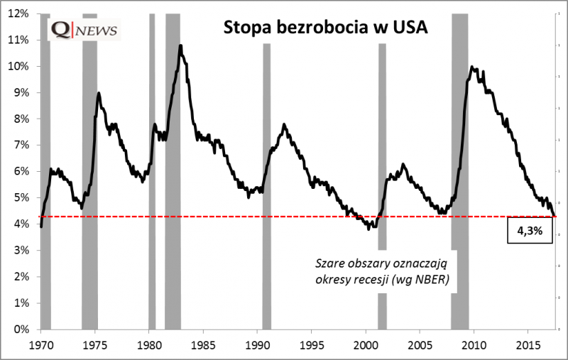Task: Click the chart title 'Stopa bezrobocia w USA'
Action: pyautogui.click(x=326, y=29)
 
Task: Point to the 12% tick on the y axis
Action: pyautogui.click(x=19, y=13)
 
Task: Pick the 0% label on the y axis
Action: pyautogui.click(x=21, y=329)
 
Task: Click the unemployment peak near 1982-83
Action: pyautogui.click(x=180, y=46)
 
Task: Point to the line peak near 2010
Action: pyautogui.click(x=472, y=67)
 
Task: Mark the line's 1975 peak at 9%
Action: pyautogui.click(x=98, y=93)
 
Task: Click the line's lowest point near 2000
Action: pyautogui.click(x=368, y=229)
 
